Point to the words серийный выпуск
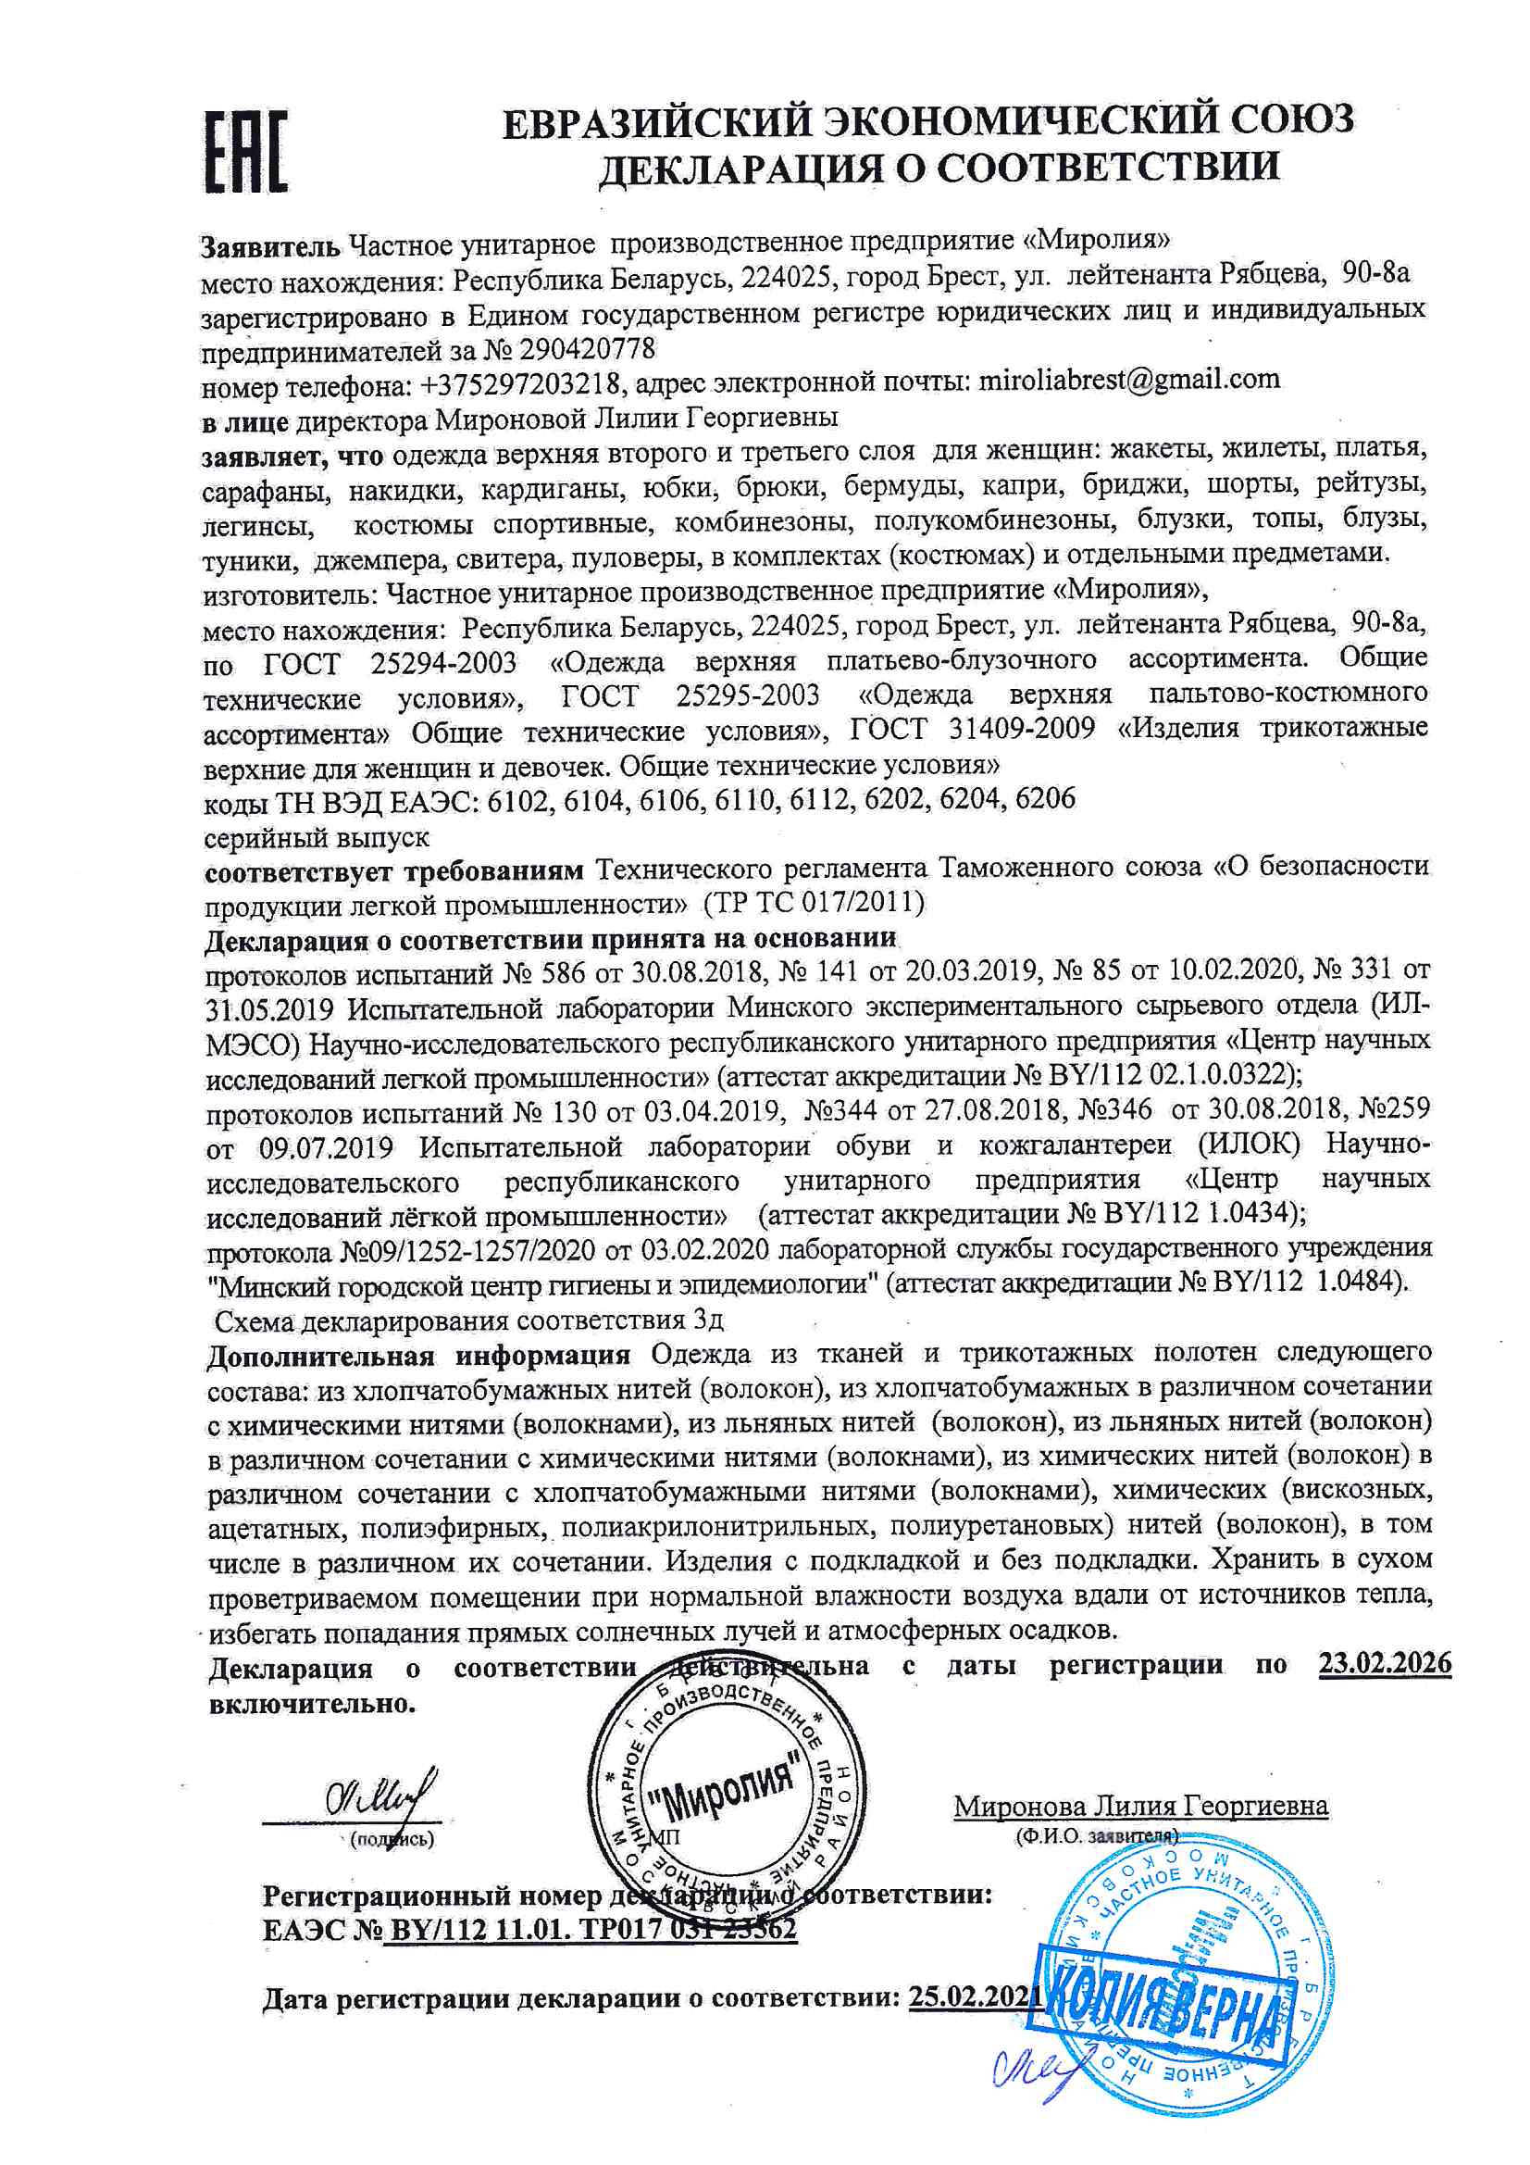[317, 836]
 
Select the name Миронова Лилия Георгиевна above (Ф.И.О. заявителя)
[1140, 1806]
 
